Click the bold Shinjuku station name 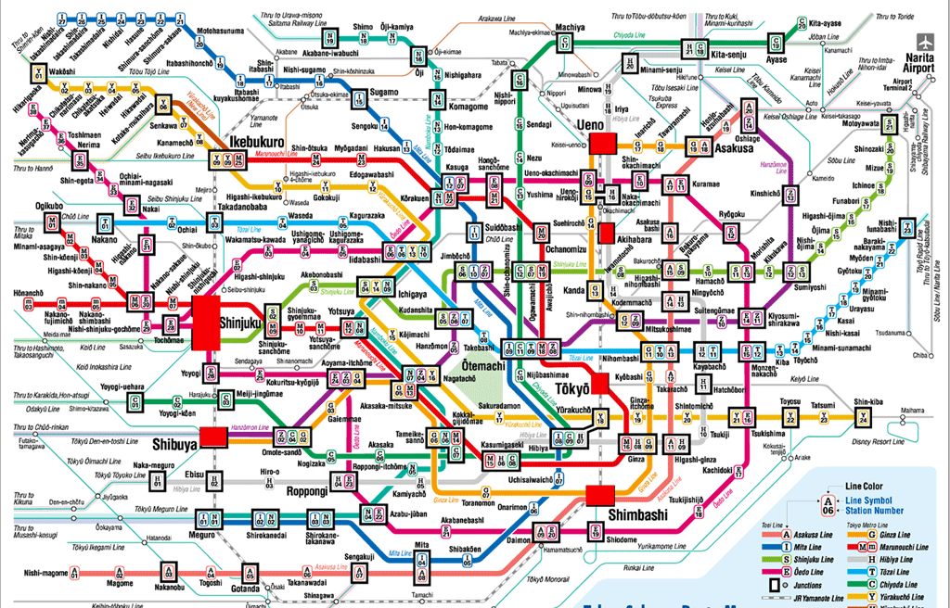coord(243,322)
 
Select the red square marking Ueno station coord(605,142)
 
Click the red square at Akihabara coord(606,232)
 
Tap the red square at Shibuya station coord(213,437)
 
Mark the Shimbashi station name coord(638,514)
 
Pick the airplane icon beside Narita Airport coord(924,43)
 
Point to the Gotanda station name coord(246,589)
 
